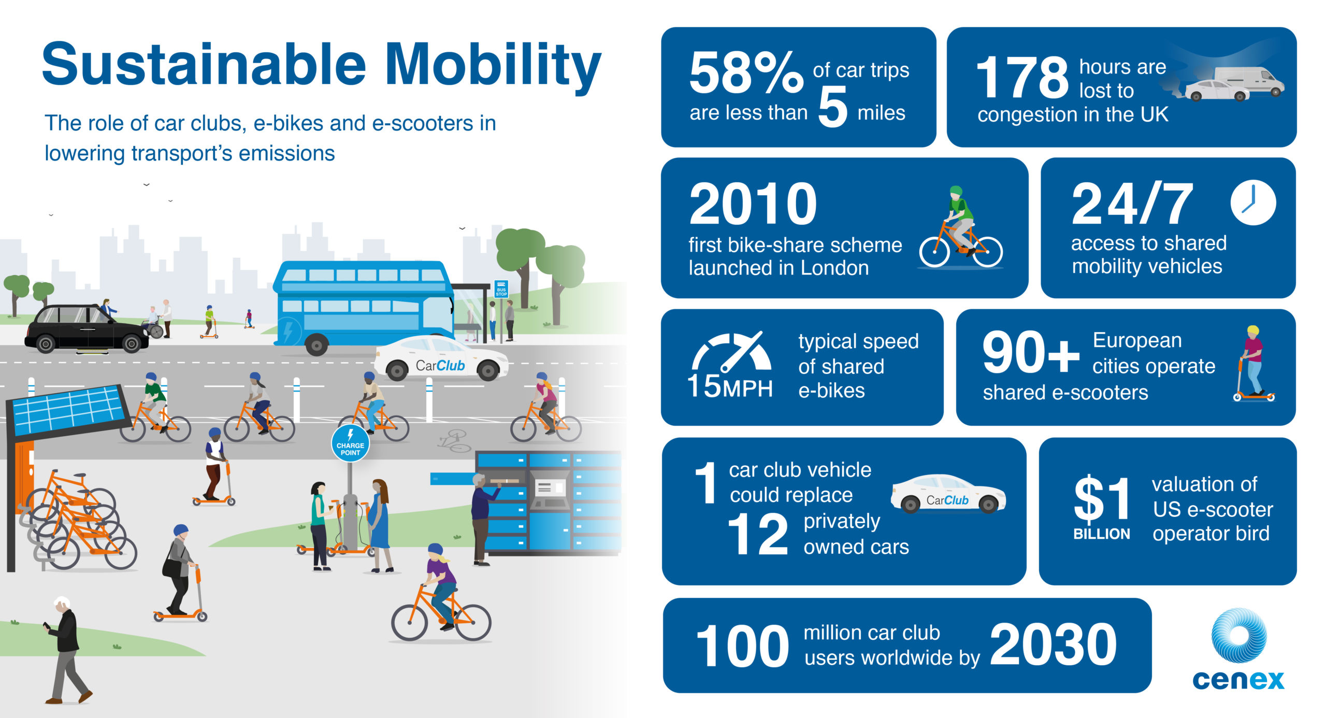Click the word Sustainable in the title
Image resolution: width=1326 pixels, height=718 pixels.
click(x=204, y=64)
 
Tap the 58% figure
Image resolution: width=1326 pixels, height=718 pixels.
click(x=746, y=73)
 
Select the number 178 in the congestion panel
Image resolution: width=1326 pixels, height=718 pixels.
click(x=1021, y=78)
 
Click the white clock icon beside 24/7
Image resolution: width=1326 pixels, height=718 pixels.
click(x=1253, y=203)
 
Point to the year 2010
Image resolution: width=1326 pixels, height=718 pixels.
click(x=753, y=204)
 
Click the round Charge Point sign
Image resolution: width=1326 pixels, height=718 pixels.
click(x=350, y=443)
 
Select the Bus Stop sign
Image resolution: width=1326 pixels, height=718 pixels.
click(x=501, y=289)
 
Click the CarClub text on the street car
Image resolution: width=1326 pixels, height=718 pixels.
click(x=440, y=366)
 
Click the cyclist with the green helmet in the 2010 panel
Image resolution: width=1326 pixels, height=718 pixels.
click(x=960, y=228)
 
